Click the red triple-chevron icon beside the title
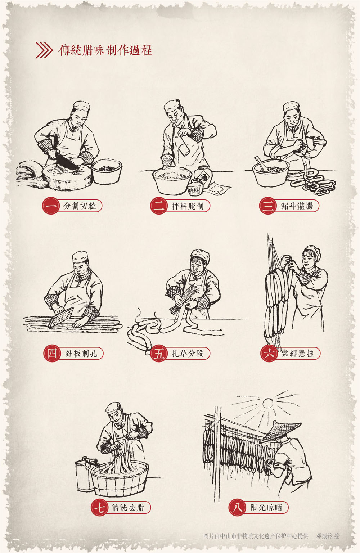pyautogui.click(x=44, y=50)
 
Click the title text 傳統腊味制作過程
pyautogui.click(x=105, y=50)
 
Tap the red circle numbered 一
pyautogui.click(x=51, y=206)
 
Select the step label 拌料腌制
pyautogui.click(x=188, y=206)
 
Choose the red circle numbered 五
pyautogui.click(x=159, y=353)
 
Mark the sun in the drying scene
pyautogui.click(x=267, y=403)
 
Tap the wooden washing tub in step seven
pyautogui.click(x=119, y=479)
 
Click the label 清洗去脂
pyautogui.click(x=128, y=508)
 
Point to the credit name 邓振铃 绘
pyautogui.click(x=328, y=536)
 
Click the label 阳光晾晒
pyautogui.click(x=266, y=508)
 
